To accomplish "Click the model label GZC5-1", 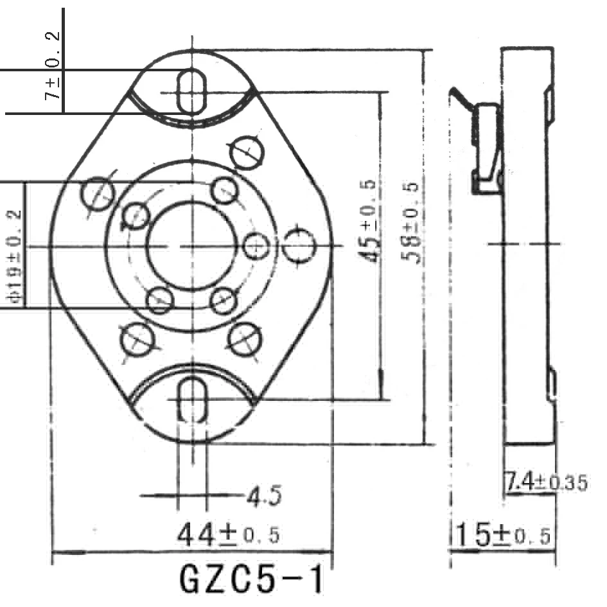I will tap(251, 580).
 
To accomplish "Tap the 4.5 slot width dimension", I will tap(264, 496).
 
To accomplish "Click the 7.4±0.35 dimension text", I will tap(545, 482).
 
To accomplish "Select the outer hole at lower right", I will tap(245, 338).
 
